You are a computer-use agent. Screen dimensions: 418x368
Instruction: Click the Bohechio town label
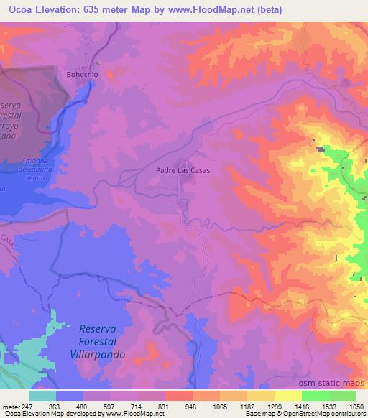coord(81,73)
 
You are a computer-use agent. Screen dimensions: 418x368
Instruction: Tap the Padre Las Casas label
coord(183,171)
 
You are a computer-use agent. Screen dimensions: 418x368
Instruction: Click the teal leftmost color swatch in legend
coord(42,396)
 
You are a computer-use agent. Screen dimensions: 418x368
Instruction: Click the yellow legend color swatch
coord(288,396)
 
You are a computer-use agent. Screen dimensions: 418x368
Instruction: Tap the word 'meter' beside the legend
coord(10,406)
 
